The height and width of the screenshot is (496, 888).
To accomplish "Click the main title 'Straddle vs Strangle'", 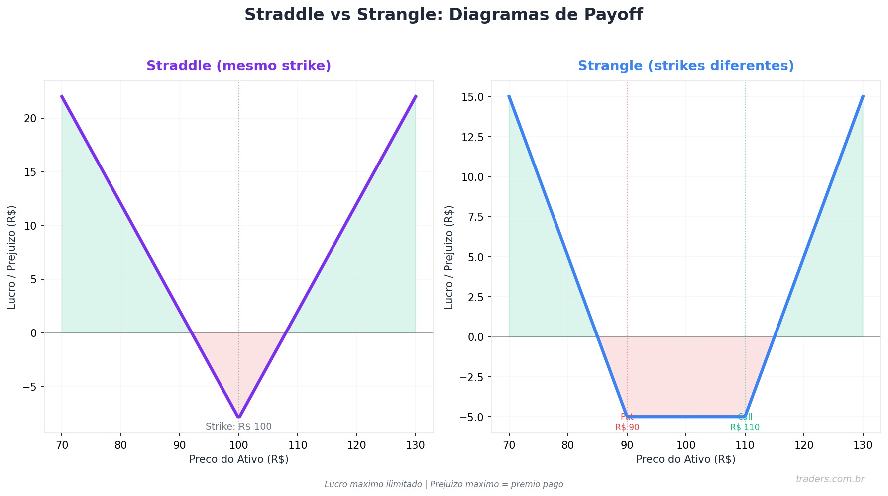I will coord(443,15).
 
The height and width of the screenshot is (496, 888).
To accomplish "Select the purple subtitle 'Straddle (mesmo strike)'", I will coord(238,66).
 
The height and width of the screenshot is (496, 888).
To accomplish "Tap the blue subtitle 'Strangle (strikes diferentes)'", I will coord(685,66).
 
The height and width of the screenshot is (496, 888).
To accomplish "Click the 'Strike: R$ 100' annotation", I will coord(238,427).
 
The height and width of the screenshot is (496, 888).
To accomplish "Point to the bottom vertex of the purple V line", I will coord(239,417).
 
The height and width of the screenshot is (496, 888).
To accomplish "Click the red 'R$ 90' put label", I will coord(627,427).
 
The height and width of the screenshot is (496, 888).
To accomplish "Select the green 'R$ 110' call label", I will coord(745,427).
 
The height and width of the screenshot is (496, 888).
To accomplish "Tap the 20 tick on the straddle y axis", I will coord(31,118).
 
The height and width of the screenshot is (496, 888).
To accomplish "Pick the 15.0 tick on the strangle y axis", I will coord(472,96).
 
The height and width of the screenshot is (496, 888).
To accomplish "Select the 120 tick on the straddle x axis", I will coord(356,445).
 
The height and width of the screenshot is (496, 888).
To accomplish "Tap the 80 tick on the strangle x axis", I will coord(568,445).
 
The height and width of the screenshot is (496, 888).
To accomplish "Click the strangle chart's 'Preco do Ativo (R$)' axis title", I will coord(685,459).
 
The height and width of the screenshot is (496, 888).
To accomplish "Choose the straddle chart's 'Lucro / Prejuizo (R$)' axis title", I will coord(11,257).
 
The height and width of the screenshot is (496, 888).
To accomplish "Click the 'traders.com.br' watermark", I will coord(830,479).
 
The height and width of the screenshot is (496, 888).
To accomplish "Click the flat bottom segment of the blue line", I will coord(686,417).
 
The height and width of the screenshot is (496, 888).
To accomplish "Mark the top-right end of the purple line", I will coord(416,96).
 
